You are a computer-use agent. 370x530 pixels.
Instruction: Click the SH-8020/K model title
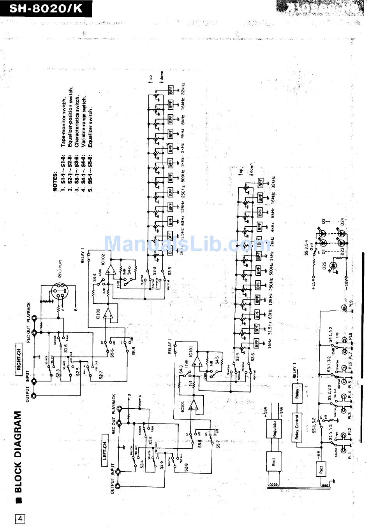pyautogui.click(x=46, y=9)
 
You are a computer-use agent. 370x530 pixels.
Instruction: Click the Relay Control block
pyautogui.click(x=297, y=426)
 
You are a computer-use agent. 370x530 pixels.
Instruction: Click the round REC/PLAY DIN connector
pyautogui.click(x=60, y=290)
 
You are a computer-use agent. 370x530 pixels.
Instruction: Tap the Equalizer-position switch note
pyautogui.click(x=70, y=113)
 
